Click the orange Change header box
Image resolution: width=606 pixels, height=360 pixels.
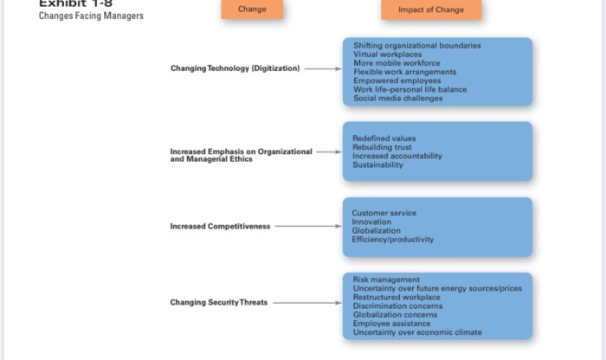[x=251, y=10]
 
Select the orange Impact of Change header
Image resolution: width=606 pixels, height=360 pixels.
[x=430, y=10]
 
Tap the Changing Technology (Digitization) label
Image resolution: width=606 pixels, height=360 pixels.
[x=235, y=68]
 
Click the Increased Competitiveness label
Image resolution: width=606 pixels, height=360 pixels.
[x=220, y=227]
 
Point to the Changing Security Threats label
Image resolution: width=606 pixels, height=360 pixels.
[x=219, y=303]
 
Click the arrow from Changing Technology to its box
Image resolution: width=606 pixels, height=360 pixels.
[x=323, y=68]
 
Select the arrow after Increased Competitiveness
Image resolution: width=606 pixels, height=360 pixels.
[x=308, y=227]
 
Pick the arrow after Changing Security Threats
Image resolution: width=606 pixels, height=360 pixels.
[x=308, y=303]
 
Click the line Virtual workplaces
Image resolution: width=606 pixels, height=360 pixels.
[x=387, y=55]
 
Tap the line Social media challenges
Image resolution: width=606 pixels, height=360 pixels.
[x=397, y=99]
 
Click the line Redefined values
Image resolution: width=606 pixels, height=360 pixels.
[x=384, y=138]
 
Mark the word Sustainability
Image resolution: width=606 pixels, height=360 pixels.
[x=377, y=165]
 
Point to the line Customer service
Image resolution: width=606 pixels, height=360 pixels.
[x=384, y=213]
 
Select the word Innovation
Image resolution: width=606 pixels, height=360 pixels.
[x=371, y=222]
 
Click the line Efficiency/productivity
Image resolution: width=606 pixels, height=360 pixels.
[x=393, y=240]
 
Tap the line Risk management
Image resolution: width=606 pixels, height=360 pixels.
[x=386, y=280]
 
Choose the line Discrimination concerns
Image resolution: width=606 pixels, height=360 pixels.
[x=397, y=306]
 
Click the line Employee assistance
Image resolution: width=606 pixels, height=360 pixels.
[x=392, y=324]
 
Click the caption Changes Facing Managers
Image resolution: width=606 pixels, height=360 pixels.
[x=91, y=16]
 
